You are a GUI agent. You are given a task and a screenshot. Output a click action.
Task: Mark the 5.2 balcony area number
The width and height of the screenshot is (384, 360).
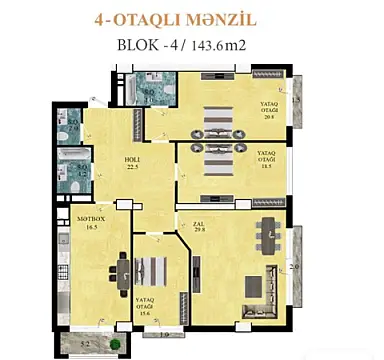click(x=85, y=345)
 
